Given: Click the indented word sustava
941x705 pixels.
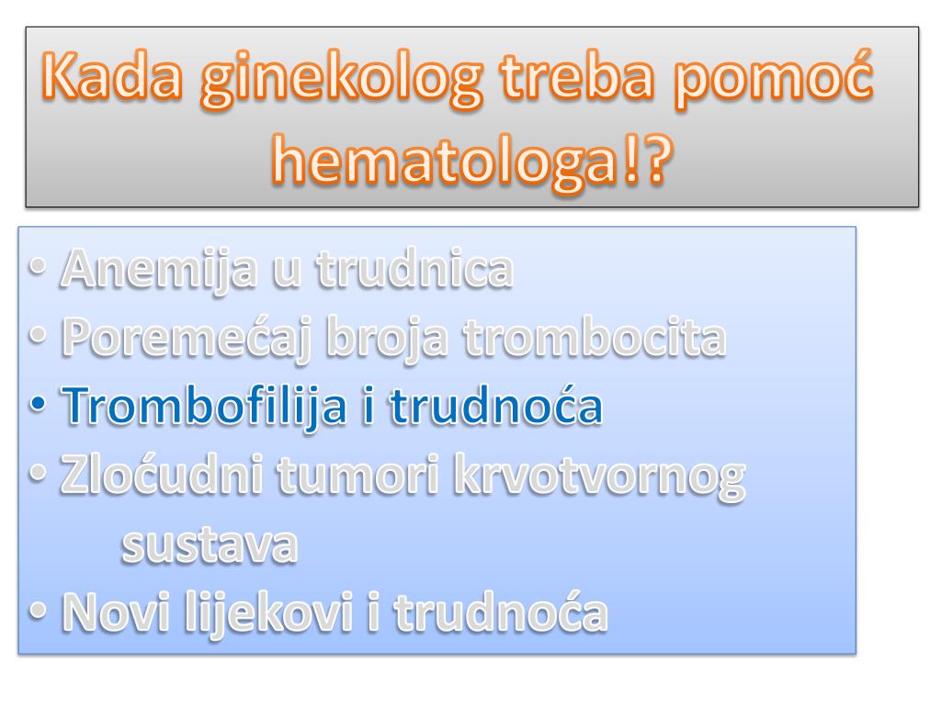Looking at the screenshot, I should coord(210,546).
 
